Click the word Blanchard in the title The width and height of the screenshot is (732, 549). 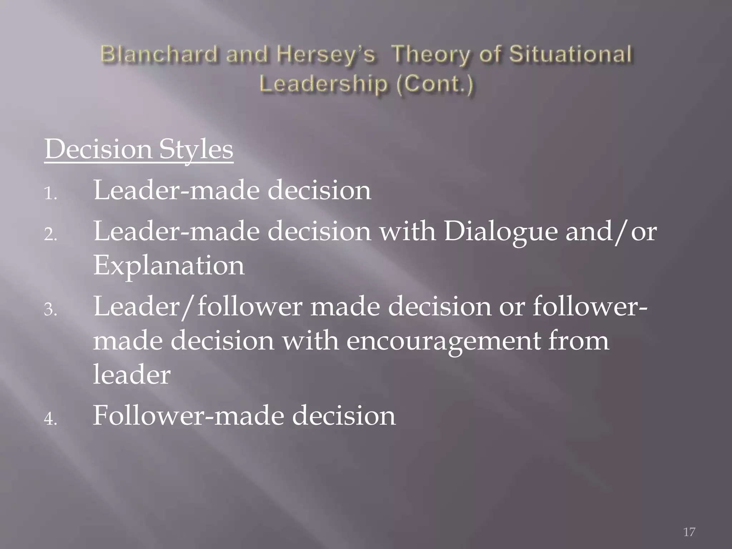159,55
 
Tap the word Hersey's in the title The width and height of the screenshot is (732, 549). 327,55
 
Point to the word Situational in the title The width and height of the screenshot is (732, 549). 571,55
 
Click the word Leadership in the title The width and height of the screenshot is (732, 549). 323,84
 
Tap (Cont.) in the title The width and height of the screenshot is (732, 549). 435,84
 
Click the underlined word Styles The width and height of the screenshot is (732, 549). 196,149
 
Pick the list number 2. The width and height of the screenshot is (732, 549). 50,235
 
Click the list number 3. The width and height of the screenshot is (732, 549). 50,310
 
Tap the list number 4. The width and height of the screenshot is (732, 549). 50,419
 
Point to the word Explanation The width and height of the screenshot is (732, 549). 169,266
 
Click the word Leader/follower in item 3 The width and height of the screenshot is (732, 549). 198,307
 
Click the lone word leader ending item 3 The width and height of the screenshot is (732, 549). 132,375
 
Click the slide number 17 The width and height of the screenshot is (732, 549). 689,532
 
